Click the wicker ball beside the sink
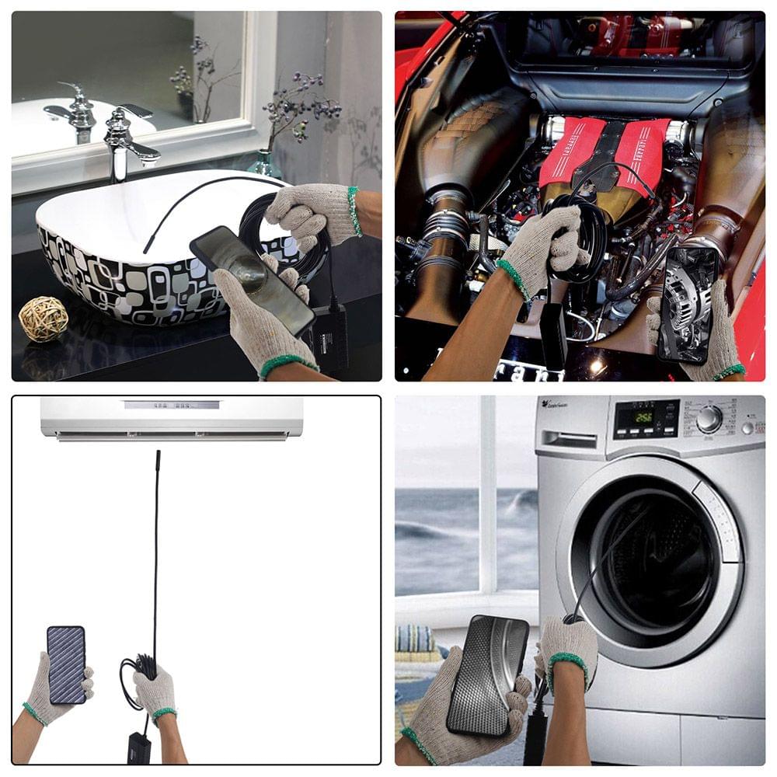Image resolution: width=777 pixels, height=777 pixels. [x=44, y=319]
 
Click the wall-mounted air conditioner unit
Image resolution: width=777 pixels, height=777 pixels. [x=172, y=417]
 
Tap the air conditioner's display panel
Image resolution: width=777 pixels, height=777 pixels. [x=172, y=405]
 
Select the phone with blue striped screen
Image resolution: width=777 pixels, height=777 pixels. [x=65, y=665]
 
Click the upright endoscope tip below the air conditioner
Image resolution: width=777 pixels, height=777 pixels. [x=158, y=466]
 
